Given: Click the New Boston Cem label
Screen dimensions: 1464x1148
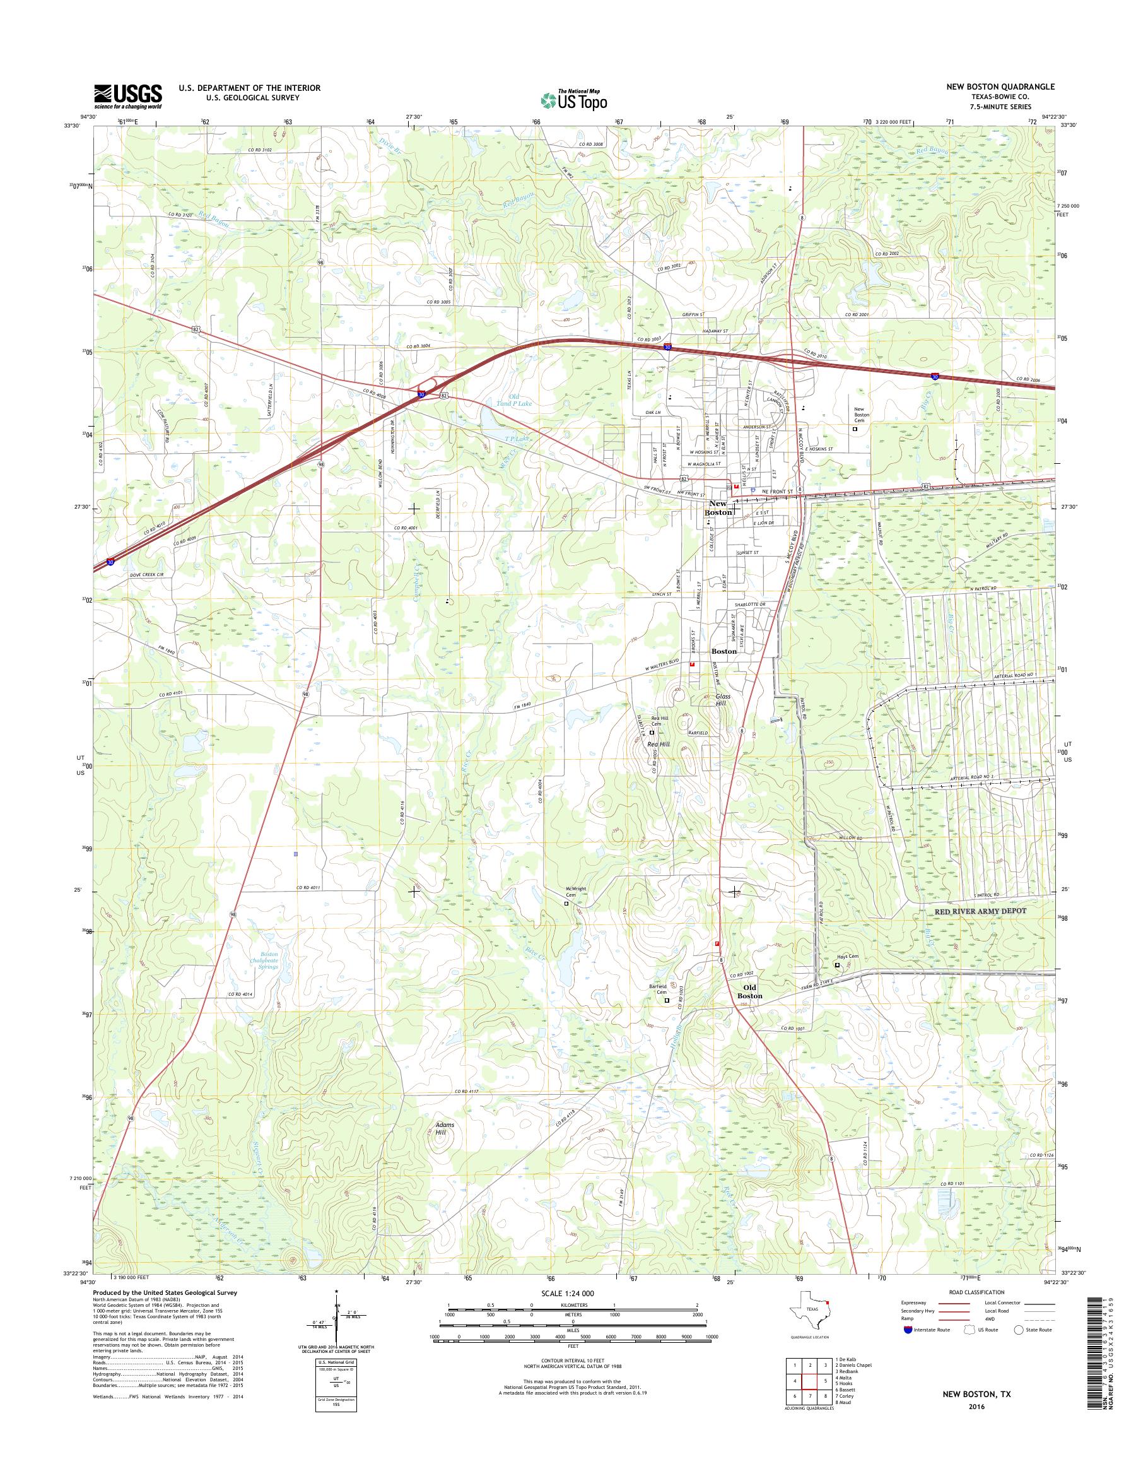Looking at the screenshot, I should (x=862, y=415).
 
